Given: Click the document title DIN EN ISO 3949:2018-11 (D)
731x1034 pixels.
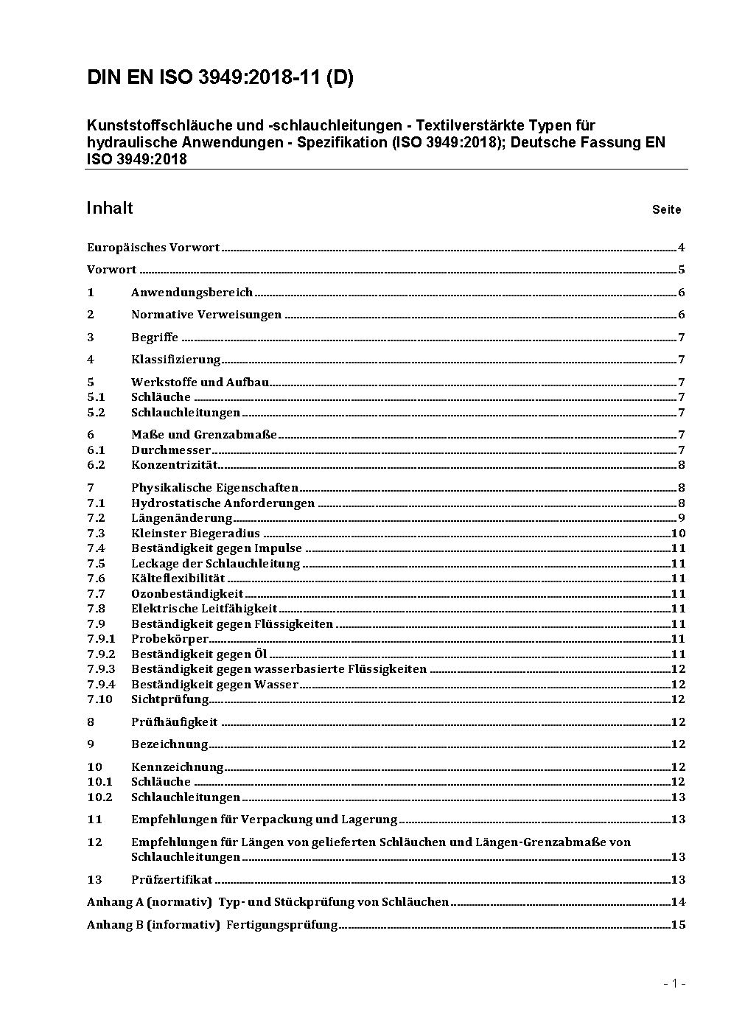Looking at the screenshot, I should (220, 78).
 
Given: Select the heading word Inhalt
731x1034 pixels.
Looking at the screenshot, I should (110, 209).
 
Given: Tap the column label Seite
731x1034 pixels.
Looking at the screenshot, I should (666, 210).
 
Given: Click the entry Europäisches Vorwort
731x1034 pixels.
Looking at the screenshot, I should (153, 248).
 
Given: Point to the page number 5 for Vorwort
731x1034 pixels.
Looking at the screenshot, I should (682, 270).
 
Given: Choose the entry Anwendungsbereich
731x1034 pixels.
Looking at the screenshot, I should (192, 293).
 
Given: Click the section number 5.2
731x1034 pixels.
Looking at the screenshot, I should (96, 413).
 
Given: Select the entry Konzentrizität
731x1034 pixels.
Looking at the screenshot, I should (174, 465).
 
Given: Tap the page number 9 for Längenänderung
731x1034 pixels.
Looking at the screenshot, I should (682, 518).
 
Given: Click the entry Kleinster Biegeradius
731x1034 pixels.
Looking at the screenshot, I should (195, 534).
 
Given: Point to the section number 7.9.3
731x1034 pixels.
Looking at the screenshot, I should (101, 669).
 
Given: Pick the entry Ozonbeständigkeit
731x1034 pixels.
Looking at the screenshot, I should (187, 594).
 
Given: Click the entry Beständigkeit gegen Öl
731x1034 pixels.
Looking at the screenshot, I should (199, 654).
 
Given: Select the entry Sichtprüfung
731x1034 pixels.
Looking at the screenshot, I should (169, 699).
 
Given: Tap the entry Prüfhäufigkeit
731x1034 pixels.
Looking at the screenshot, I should (174, 722).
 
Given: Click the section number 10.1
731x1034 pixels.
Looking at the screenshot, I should (99, 782).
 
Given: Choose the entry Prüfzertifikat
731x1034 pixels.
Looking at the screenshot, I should (172, 879).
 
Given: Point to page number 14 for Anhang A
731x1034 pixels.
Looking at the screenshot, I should (678, 902).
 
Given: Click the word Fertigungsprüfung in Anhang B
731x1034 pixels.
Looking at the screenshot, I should (281, 925).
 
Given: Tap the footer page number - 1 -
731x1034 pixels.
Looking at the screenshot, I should (674, 984).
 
